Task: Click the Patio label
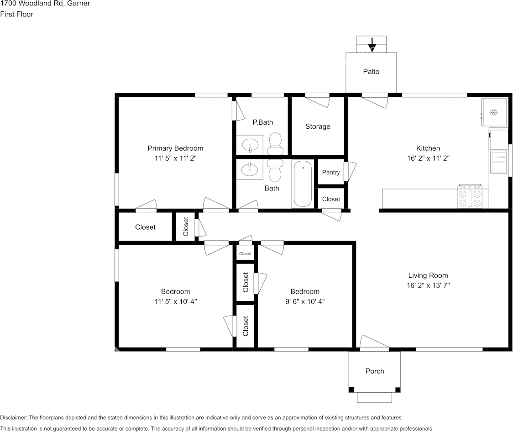(371, 72)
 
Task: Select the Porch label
(375, 371)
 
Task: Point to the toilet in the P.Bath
(275, 143)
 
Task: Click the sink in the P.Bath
(250, 146)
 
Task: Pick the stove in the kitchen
(470, 197)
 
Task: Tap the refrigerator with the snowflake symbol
(493, 112)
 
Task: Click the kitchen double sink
(498, 162)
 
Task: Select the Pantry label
(331, 172)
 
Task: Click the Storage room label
(318, 126)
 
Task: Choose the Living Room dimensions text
(428, 285)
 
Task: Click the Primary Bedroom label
(175, 148)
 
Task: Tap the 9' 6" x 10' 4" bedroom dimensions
(305, 301)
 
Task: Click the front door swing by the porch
(373, 343)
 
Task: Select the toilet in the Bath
(275, 169)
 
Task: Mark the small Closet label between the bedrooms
(245, 254)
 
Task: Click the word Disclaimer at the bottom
(13, 418)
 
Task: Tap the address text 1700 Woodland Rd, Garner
(45, 4)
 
